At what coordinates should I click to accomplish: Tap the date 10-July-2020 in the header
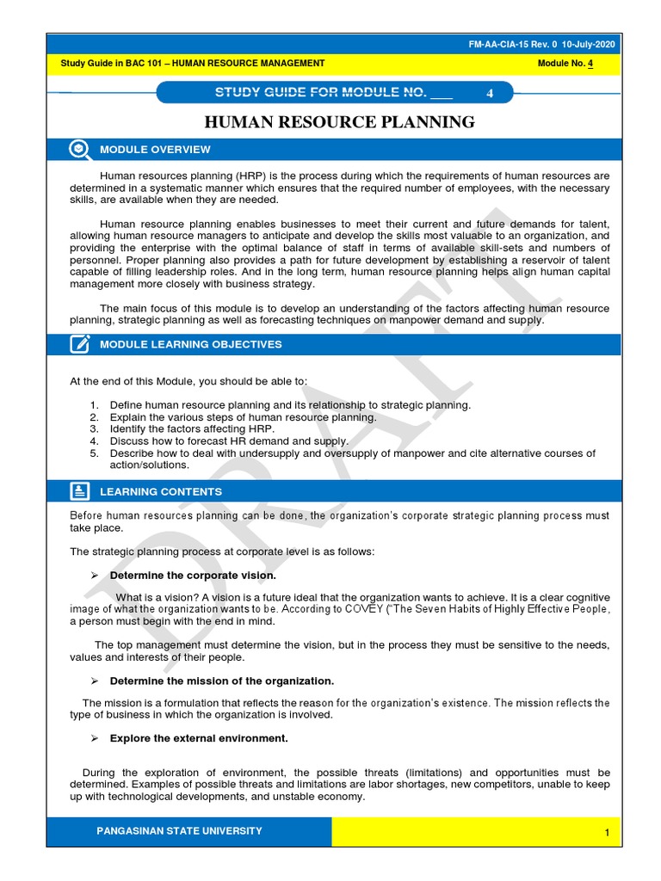(x=590, y=46)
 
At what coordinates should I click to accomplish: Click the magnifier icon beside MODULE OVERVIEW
(x=80, y=150)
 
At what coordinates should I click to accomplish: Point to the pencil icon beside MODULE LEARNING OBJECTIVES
(x=80, y=344)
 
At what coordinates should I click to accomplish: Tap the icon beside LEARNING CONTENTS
(x=80, y=491)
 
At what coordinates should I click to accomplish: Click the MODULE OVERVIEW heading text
(x=155, y=150)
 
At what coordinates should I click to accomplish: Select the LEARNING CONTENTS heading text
(x=161, y=492)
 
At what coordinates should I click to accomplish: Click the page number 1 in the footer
(x=607, y=833)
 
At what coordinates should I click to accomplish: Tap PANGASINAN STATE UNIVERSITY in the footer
(x=180, y=831)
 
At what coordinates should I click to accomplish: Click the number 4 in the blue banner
(x=490, y=94)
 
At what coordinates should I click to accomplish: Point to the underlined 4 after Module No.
(x=590, y=64)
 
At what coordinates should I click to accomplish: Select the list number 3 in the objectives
(x=94, y=428)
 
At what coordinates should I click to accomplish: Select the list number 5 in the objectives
(x=94, y=453)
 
